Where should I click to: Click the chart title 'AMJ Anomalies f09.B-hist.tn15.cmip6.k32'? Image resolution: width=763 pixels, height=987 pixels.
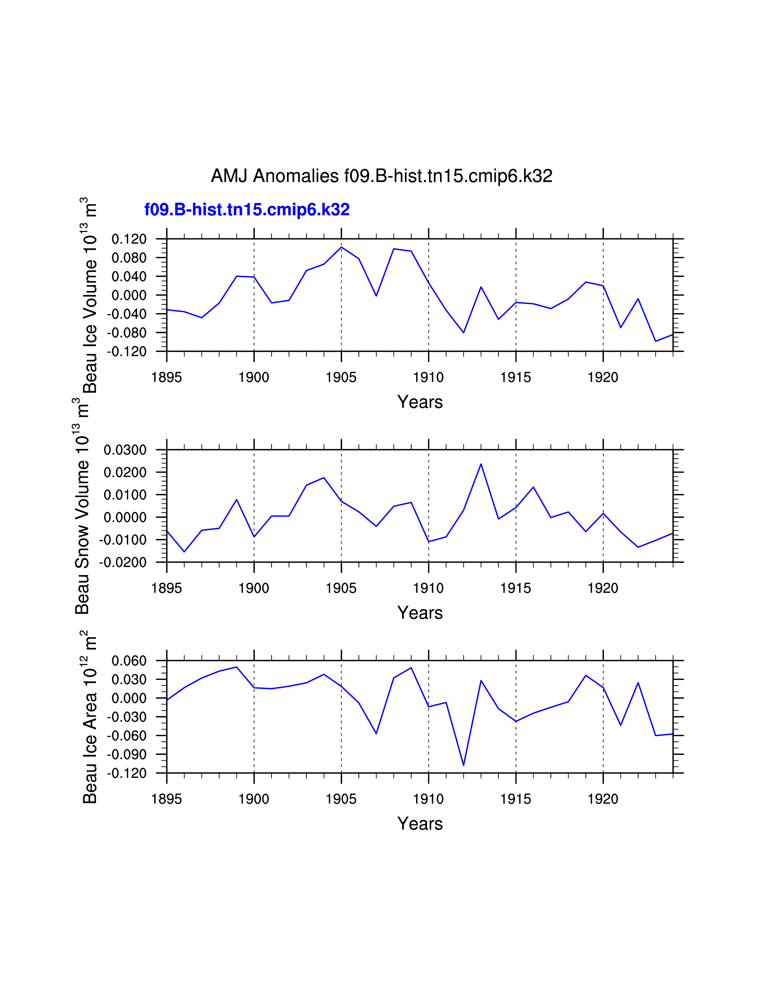(381, 176)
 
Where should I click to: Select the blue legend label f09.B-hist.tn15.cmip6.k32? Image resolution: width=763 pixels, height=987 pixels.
(247, 210)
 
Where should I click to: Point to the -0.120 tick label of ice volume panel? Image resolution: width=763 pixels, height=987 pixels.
(127, 352)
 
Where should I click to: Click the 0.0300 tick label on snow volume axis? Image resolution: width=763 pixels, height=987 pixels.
(125, 450)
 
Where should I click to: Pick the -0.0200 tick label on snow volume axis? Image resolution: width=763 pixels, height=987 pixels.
(123, 563)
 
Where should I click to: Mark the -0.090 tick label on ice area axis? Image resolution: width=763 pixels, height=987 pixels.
(127, 754)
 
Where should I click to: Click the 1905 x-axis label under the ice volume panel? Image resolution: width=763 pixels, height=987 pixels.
(341, 377)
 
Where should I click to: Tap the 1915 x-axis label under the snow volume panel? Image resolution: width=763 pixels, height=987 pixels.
(516, 588)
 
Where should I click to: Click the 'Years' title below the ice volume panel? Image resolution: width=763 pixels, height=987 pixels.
(420, 402)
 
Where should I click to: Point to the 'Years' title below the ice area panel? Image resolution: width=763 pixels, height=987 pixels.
(420, 823)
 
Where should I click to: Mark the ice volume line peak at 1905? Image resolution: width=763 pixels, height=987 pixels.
(341, 247)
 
